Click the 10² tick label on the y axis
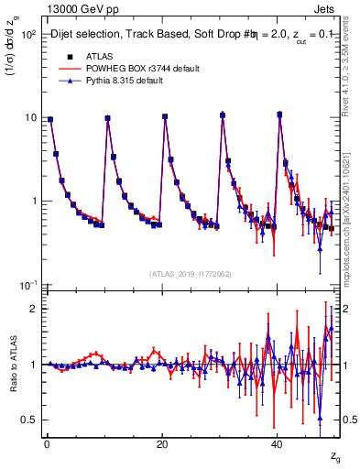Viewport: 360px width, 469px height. tap(27, 34)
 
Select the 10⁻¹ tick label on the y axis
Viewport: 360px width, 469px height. tap(27, 286)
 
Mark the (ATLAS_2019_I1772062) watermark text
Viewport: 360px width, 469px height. tap(191, 274)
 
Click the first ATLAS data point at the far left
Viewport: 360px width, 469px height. tap(50, 119)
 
